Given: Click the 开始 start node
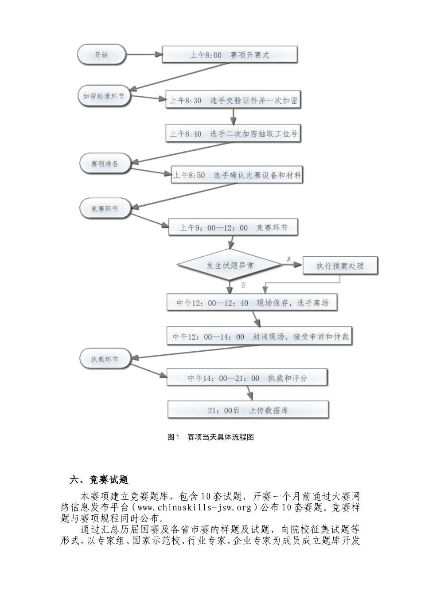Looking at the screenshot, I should (x=101, y=55).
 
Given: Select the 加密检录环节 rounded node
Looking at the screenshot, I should (x=104, y=96).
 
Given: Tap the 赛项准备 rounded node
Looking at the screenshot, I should (x=105, y=164).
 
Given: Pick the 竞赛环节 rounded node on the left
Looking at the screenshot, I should (x=105, y=208).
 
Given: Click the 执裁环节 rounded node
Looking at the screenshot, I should (x=105, y=359).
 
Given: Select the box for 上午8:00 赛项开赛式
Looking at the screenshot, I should (x=230, y=55).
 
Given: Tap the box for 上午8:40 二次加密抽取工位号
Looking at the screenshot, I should (x=234, y=133).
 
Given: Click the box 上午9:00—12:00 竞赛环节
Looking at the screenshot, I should (x=234, y=228).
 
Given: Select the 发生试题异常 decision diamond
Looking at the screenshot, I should (x=230, y=266).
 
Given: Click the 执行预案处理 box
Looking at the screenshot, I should (x=340, y=266).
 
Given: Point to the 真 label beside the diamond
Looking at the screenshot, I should (x=289, y=259).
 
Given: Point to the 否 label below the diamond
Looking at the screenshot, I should (x=243, y=285).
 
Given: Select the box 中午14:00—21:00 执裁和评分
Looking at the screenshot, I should (x=247, y=378).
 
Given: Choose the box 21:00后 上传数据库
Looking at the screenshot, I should (x=248, y=411).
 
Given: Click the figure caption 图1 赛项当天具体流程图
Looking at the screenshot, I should (x=211, y=437).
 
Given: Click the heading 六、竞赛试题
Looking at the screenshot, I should (x=99, y=480).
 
